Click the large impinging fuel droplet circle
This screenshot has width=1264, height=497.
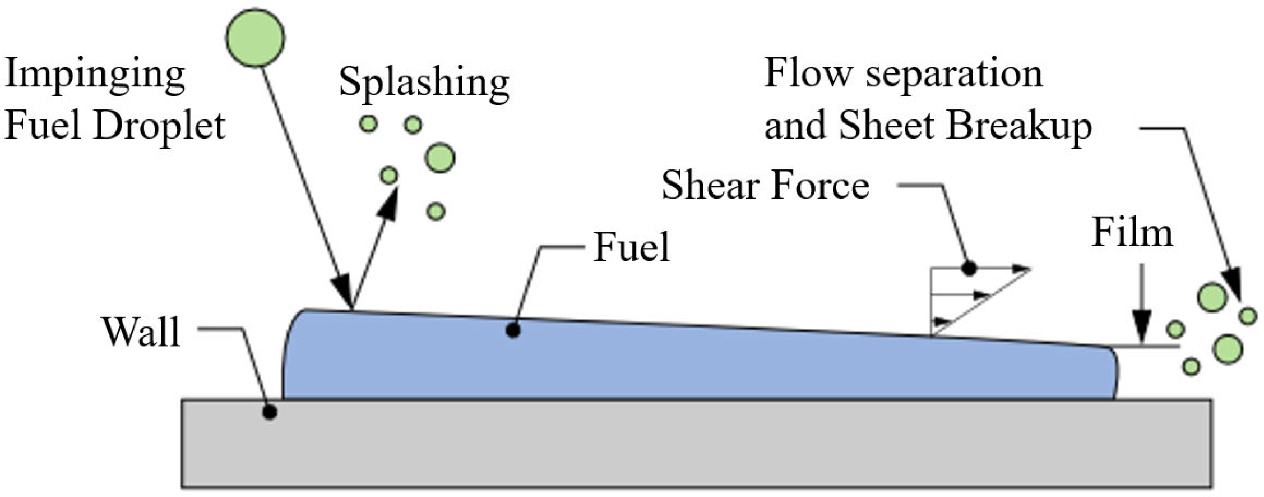tap(255, 38)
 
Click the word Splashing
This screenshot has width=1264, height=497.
tap(424, 82)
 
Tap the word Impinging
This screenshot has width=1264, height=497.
tap(95, 75)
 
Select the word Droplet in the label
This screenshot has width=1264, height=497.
tap(159, 126)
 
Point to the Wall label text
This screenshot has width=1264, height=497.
tap(141, 332)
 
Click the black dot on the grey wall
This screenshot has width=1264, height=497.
tap(270, 413)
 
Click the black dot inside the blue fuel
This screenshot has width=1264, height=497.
tap(513, 330)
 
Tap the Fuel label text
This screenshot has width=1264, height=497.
tap(632, 247)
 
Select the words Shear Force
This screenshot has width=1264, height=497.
tap(765, 186)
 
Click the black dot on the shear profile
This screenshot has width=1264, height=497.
tap(969, 269)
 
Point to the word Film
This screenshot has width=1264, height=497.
tap(1132, 233)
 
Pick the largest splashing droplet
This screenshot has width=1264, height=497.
tap(440, 158)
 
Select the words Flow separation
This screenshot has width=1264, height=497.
tap(903, 73)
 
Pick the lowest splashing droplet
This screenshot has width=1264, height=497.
tap(436, 211)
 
